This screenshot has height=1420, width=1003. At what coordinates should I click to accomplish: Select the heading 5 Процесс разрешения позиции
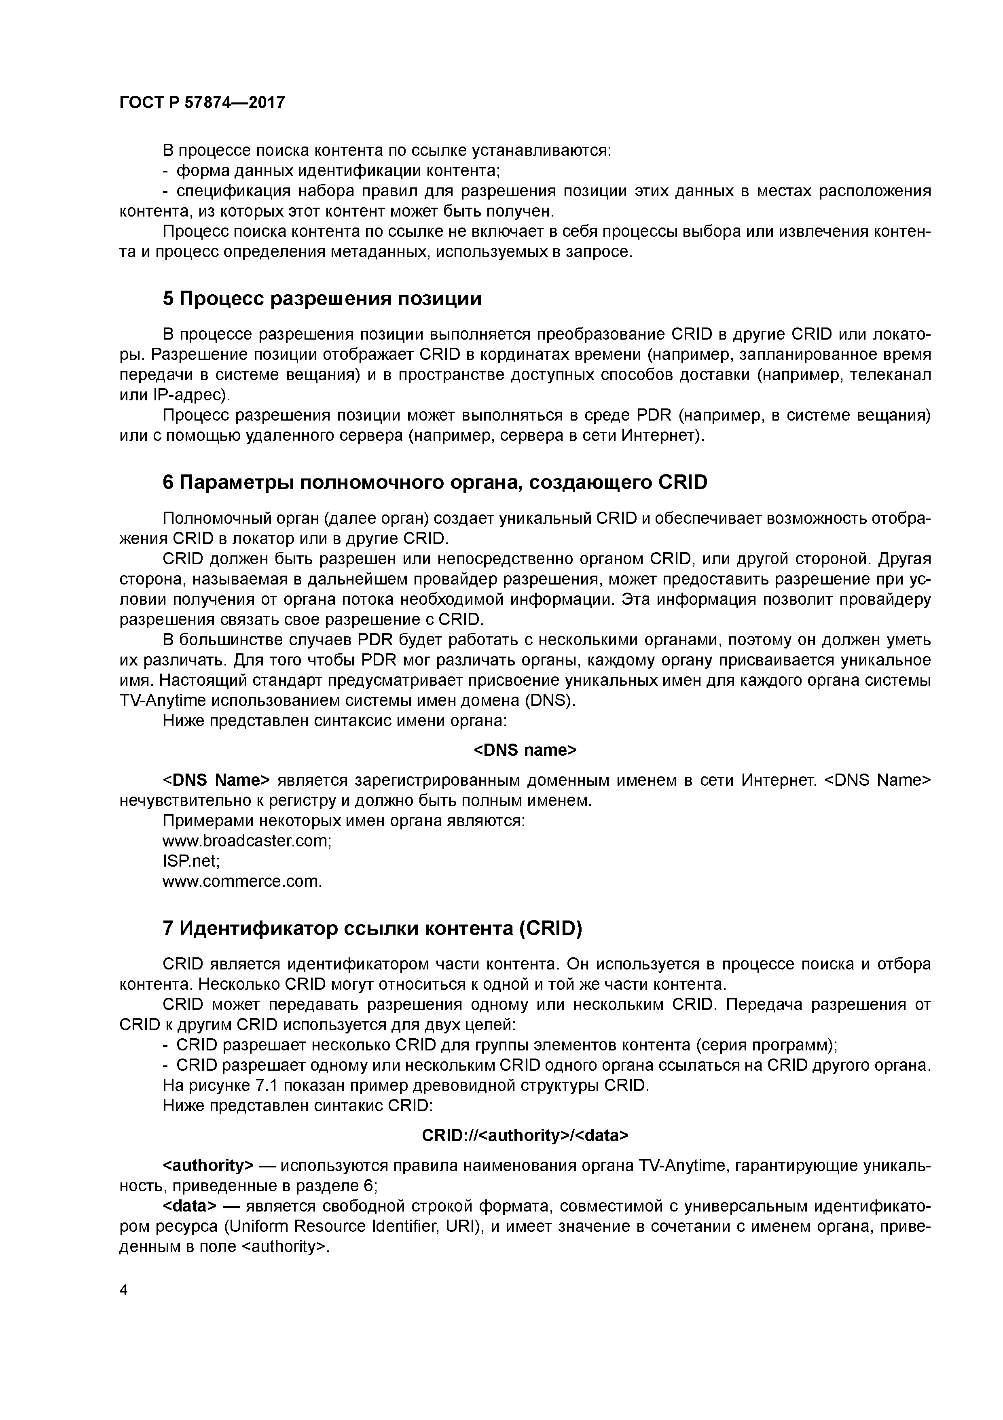(322, 299)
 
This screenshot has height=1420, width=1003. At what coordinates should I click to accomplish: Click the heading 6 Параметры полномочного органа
(434, 483)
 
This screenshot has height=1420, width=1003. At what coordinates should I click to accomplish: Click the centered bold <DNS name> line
(525, 750)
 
